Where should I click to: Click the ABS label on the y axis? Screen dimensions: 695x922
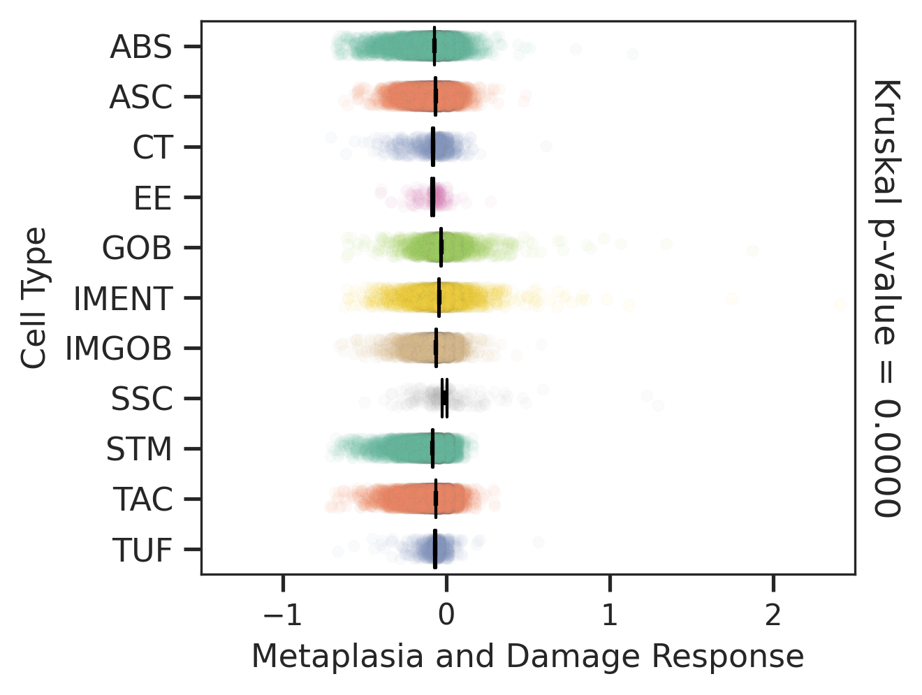click(x=140, y=47)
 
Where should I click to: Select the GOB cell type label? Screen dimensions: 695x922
click(x=137, y=248)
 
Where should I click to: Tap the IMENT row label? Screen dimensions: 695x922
click(x=122, y=299)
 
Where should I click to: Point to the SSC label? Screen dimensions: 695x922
click(x=141, y=400)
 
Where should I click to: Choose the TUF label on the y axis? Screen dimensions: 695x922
click(x=142, y=550)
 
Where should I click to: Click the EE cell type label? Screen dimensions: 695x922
click(x=153, y=198)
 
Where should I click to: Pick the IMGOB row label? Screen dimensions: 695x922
click(x=118, y=349)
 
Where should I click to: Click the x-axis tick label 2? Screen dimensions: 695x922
click(x=773, y=615)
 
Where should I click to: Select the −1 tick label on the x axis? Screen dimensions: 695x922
click(x=282, y=615)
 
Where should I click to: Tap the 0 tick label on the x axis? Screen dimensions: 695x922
click(x=446, y=615)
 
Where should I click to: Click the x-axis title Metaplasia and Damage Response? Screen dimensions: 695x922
click(x=527, y=657)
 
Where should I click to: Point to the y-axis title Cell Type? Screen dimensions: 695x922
click(x=34, y=298)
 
